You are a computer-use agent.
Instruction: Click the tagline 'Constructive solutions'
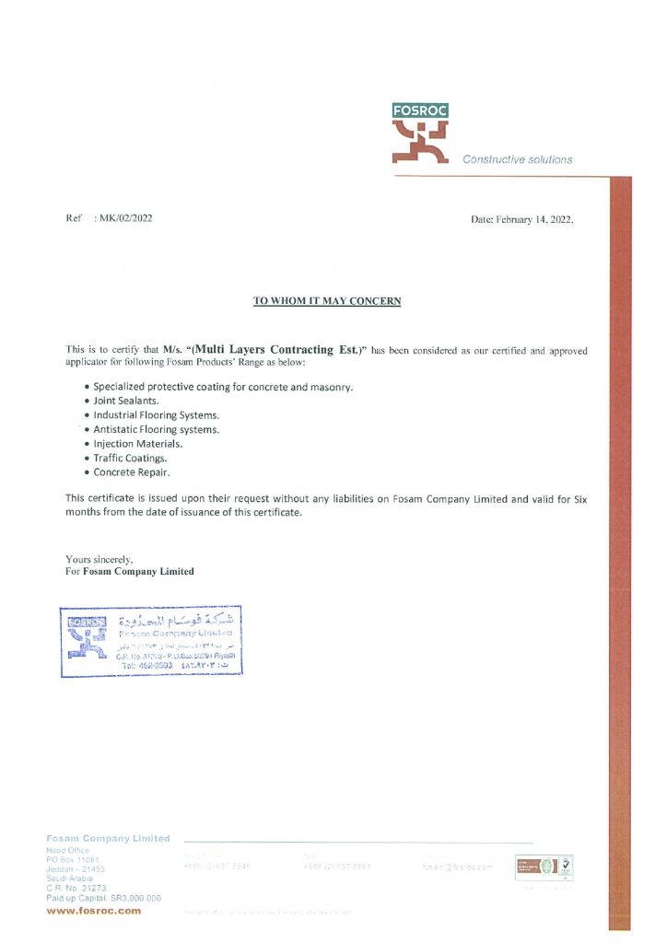coord(517,159)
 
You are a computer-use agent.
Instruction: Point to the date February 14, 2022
coord(521,219)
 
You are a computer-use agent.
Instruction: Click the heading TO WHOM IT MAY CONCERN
coord(327,301)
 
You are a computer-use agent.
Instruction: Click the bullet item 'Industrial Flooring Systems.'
coord(156,415)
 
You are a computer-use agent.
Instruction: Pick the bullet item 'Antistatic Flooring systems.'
coord(157,429)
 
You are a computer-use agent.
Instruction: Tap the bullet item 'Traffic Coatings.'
coord(130,458)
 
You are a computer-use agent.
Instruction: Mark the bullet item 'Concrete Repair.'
coord(132,472)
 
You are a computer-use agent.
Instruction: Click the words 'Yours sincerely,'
coord(99,559)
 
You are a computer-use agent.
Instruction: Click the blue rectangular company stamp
coord(152,642)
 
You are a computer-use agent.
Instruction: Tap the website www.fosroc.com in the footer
coord(94,911)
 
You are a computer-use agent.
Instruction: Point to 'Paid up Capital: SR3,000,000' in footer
coord(103,897)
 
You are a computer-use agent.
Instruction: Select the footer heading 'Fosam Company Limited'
coord(108,838)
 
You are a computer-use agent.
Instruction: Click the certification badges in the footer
coord(545,867)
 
